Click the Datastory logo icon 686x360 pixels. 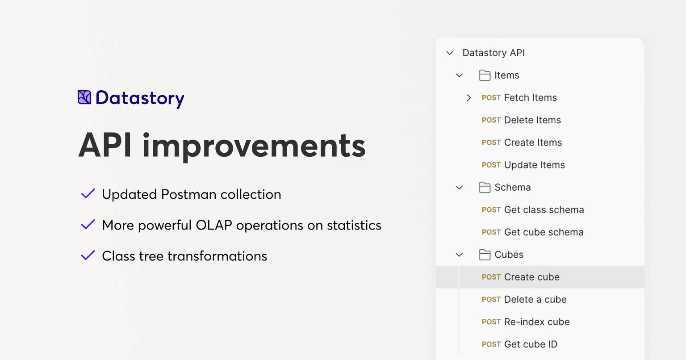coord(84,97)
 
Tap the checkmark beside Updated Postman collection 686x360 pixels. coord(88,194)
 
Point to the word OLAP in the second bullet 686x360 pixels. coord(213,225)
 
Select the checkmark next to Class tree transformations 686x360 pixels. coord(88,255)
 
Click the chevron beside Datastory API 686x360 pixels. coord(450,53)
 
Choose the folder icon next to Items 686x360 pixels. coord(485,75)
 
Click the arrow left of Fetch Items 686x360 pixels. coord(468,98)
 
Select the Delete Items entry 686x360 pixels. coord(532,120)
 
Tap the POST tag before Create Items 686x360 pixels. coord(491,142)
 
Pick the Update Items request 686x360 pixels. coord(534,165)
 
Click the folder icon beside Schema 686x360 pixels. coord(485,188)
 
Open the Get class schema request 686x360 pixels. coord(544,210)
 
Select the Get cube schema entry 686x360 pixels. coord(544,232)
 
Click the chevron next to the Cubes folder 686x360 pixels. coord(459,255)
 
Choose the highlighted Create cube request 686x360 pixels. coord(531,277)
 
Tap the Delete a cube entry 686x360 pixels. coord(535,299)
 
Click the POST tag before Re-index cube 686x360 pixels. coord(491,322)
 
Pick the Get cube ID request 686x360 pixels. coord(531,344)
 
